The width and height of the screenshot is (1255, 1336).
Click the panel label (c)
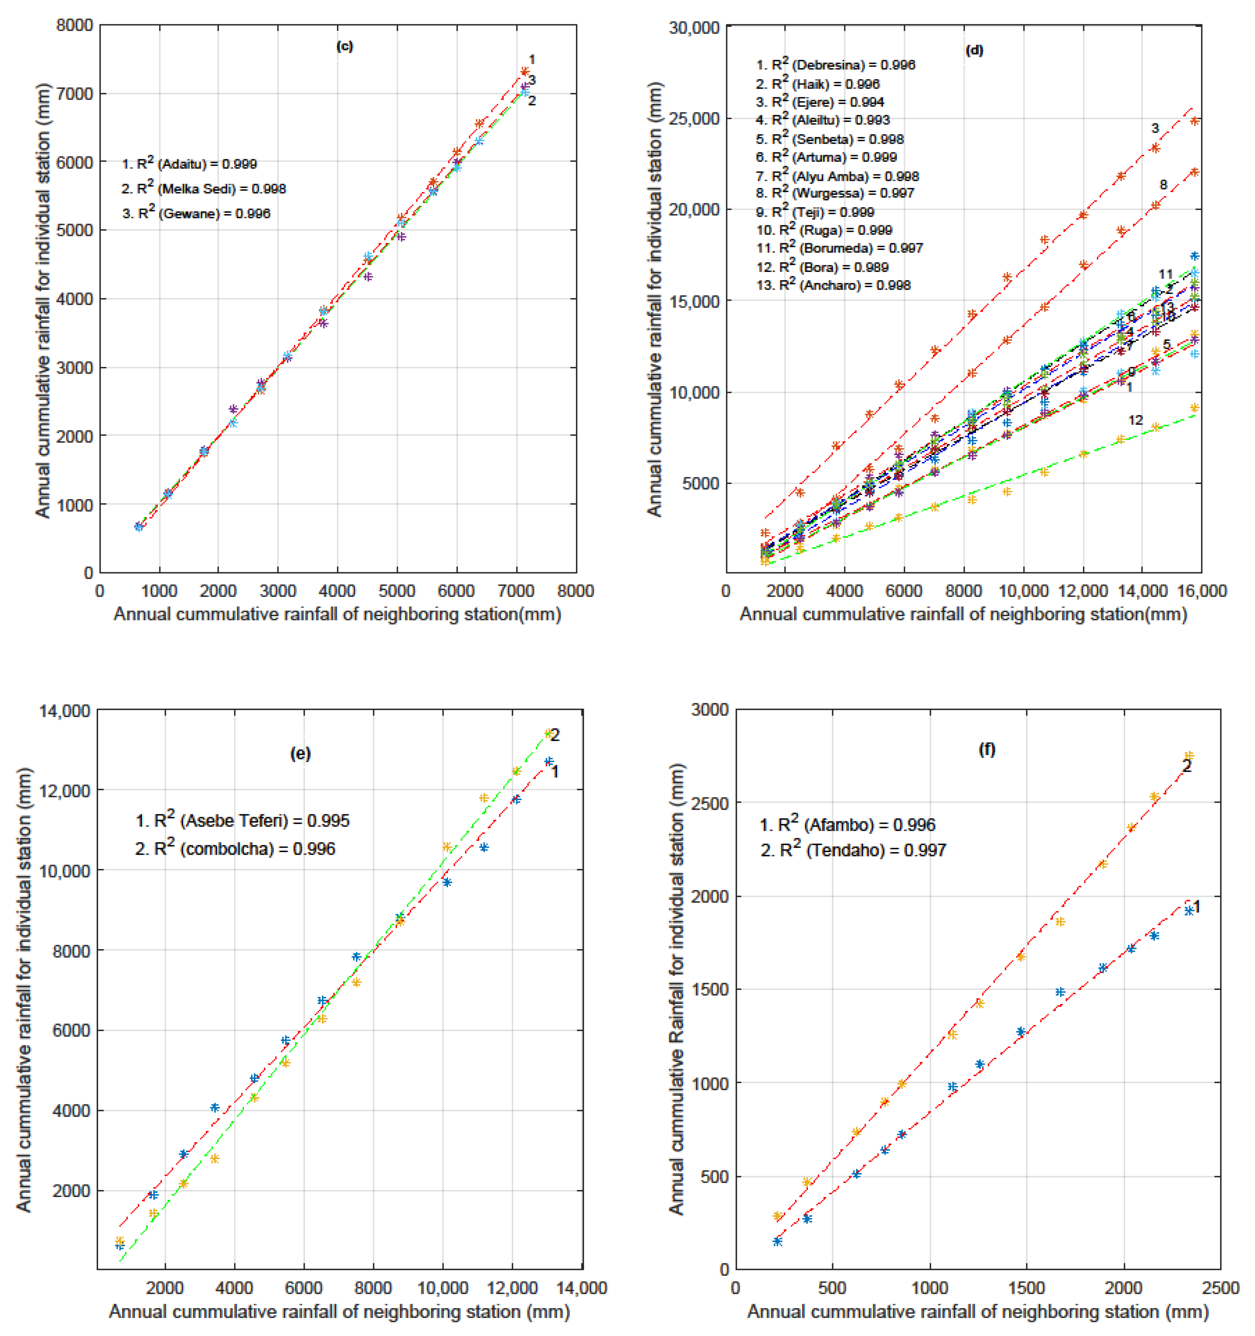[x=344, y=46]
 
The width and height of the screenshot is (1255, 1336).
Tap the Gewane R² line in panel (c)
[x=196, y=214]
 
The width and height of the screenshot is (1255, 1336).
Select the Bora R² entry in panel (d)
[x=822, y=267]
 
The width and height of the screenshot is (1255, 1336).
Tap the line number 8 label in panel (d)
[x=1163, y=185]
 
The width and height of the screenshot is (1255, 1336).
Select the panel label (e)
[x=300, y=753]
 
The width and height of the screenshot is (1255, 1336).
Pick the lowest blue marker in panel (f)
[x=777, y=1241]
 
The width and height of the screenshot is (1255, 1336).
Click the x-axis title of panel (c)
[x=337, y=614]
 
